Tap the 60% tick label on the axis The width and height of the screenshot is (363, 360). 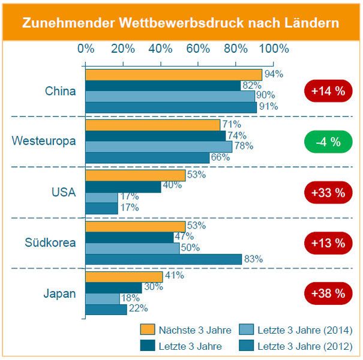click(x=199, y=49)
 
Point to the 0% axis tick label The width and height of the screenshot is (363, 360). click(x=86, y=49)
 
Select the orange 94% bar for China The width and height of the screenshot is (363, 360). click(x=173, y=74)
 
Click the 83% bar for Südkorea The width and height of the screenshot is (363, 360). click(x=163, y=259)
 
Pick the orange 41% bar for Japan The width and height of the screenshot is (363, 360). click(x=124, y=277)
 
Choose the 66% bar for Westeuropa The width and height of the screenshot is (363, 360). click(x=147, y=157)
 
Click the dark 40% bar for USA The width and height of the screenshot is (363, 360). click(x=123, y=187)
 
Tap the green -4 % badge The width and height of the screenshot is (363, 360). click(x=327, y=142)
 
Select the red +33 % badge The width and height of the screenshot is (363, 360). click(x=328, y=193)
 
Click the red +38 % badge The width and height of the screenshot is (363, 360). click(x=328, y=293)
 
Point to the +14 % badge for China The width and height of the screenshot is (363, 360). click(x=328, y=92)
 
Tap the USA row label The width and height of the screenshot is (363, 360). click(x=64, y=193)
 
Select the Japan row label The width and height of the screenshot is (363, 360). click(x=59, y=293)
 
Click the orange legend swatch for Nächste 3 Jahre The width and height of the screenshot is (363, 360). click(x=147, y=329)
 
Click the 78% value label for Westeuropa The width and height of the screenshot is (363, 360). click(x=244, y=145)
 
